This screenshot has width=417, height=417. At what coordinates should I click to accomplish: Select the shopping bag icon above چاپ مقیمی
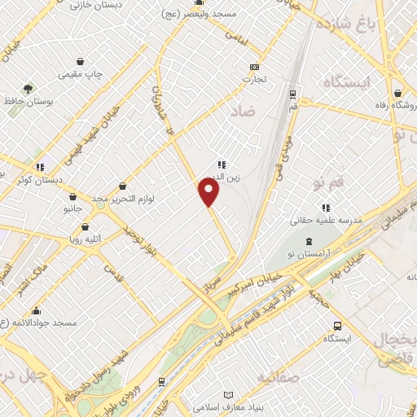[80, 61]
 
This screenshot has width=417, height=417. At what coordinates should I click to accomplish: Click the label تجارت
[256, 80]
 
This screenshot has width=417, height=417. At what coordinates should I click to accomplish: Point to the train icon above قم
[293, 94]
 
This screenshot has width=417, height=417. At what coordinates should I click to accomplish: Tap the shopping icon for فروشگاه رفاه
[397, 93]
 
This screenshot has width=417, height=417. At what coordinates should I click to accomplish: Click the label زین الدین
[221, 177]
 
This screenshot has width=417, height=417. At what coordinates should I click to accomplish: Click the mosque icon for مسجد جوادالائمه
[36, 310]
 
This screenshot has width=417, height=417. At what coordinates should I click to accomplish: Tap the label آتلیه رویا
[81, 239]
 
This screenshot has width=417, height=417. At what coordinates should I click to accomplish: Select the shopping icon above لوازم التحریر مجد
[122, 187]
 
